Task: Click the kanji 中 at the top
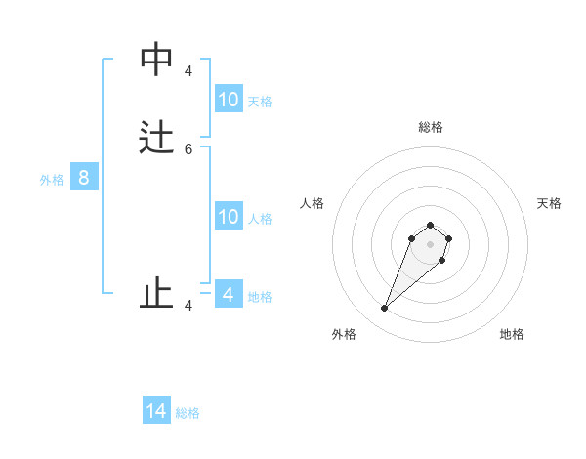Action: pos(156,60)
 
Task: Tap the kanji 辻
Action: pos(156,136)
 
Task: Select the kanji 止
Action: pos(156,292)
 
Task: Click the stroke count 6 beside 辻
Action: pos(188,148)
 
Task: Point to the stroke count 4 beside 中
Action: pos(188,71)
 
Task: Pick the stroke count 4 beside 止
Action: pos(188,306)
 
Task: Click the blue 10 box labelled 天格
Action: pos(229,99)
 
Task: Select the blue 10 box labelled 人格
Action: pos(229,217)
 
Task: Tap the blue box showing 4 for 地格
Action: pos(229,294)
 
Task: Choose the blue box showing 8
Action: pos(84,178)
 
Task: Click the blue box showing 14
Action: pos(156,411)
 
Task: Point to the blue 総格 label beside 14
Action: pos(188,413)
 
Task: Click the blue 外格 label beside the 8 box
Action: pos(52,180)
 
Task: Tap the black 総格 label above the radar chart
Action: pos(430,127)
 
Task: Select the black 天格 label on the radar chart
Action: pos(549,203)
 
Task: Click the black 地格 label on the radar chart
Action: pos(512,334)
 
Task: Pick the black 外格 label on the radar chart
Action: pos(344,334)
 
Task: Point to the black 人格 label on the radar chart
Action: pos(312,203)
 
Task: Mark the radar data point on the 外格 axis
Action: pos(385,308)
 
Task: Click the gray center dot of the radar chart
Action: pos(430,244)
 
